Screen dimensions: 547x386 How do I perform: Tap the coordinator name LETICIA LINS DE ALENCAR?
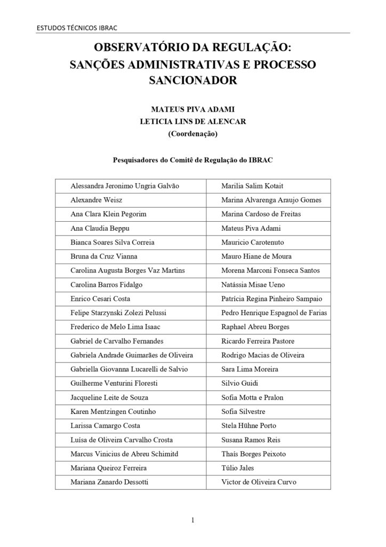pos(192,122)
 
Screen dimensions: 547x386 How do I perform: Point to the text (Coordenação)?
pos(192,134)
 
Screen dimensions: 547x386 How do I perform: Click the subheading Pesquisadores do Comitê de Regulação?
pos(192,159)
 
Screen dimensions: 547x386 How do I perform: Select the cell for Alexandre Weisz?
pos(96,200)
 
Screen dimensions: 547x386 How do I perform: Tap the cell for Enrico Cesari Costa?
pos(100,299)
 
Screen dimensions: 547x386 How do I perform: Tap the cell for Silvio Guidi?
pos(237,384)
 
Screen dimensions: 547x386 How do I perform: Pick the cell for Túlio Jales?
pos(237,468)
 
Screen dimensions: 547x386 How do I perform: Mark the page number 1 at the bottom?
pos(193,520)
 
